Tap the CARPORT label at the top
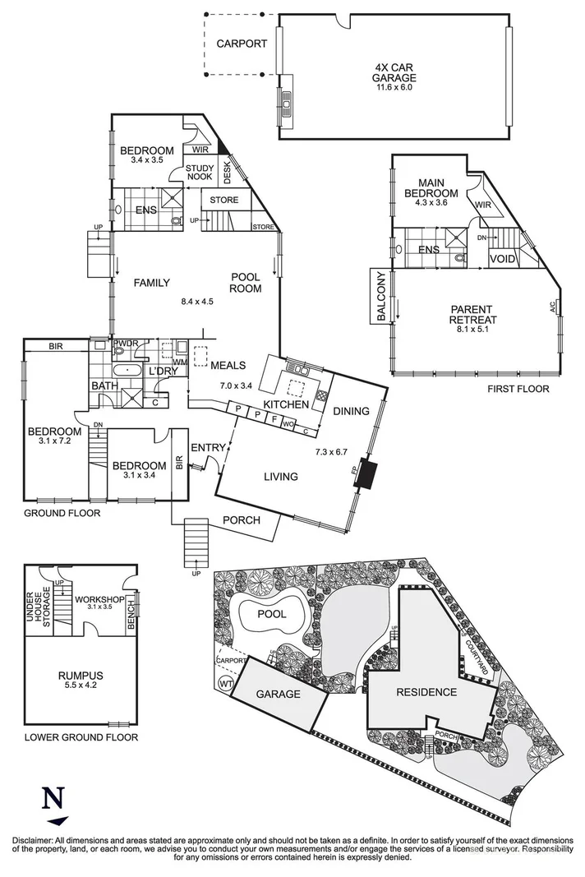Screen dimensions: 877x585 [242, 44]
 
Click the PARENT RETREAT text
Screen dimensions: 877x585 [472, 314]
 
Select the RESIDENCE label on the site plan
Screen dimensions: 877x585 [426, 692]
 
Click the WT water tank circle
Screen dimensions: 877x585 [224, 683]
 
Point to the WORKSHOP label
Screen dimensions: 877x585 [99, 600]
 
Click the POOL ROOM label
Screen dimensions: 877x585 [246, 283]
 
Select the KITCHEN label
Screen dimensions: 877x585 [285, 404]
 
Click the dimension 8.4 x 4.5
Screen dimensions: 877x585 [197, 302]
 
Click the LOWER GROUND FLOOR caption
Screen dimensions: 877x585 [81, 737]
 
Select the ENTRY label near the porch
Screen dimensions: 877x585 [207, 447]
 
